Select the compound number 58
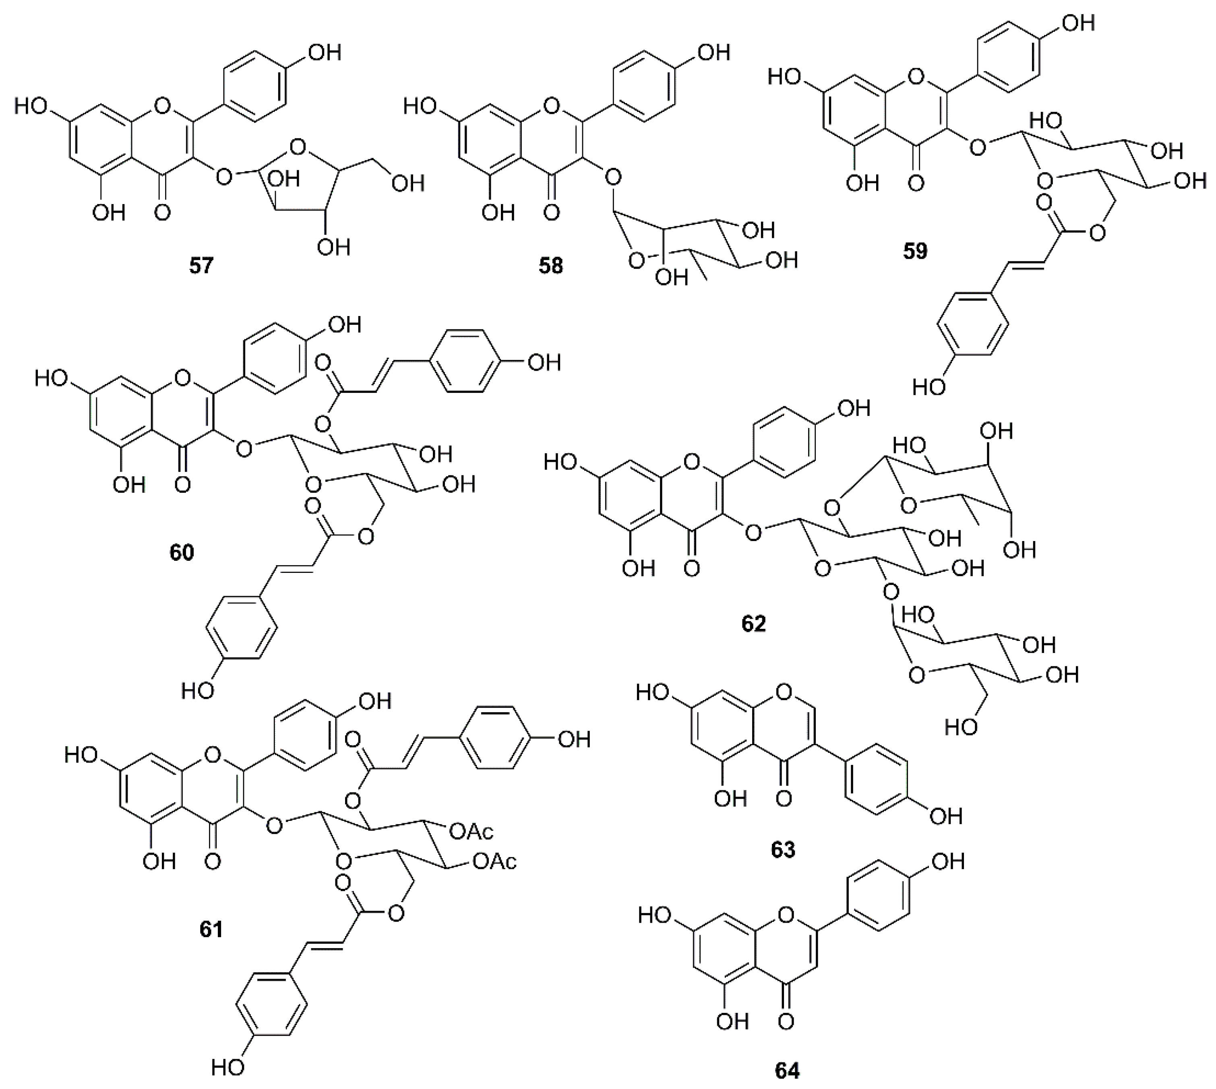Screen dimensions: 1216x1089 (x=550, y=265)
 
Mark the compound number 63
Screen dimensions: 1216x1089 (x=783, y=849)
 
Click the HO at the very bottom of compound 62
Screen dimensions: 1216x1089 (x=962, y=727)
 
